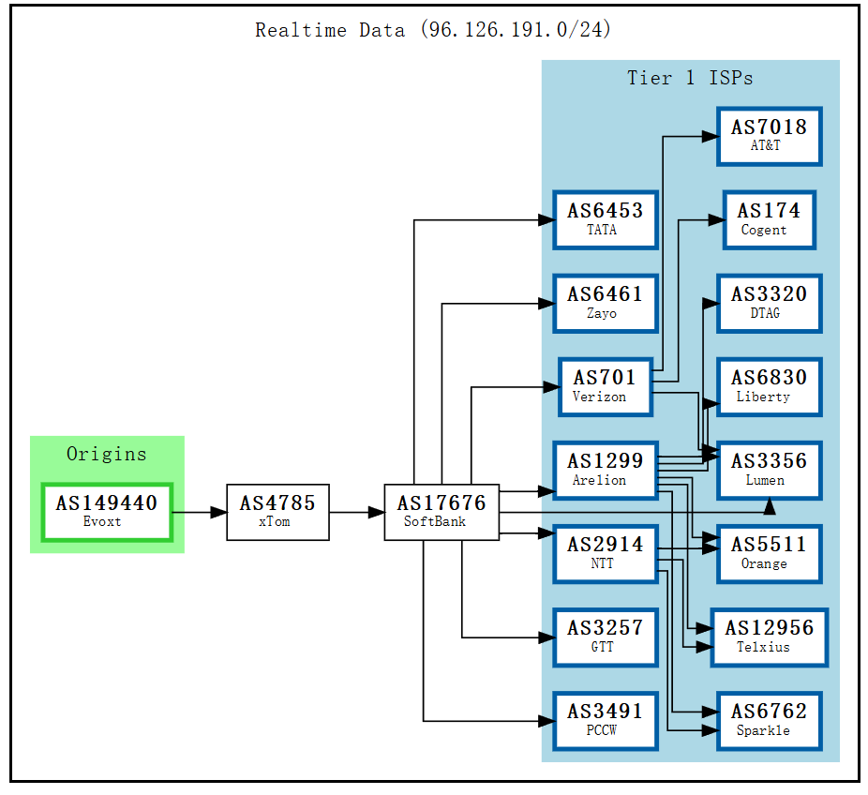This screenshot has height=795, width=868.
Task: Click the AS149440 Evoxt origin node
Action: point(106,512)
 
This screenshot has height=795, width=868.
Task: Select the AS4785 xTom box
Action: point(277,512)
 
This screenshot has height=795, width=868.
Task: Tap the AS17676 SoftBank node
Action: point(441,512)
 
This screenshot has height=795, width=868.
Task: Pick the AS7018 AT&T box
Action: point(769,136)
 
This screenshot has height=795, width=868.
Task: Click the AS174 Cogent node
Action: point(769,219)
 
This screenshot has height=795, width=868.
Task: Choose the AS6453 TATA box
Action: point(605,219)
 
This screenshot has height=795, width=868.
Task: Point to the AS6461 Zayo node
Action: point(605,303)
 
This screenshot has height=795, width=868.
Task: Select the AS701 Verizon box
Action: point(605,386)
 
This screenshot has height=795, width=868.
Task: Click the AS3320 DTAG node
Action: point(769,303)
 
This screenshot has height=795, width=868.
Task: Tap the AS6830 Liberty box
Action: point(769,386)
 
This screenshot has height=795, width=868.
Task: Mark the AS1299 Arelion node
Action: point(605,470)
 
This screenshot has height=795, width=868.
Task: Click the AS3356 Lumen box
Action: point(769,470)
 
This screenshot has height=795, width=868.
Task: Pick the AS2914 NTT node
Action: point(605,553)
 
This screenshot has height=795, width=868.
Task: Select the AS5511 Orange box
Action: point(769,553)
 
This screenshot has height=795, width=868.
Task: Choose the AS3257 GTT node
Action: point(605,637)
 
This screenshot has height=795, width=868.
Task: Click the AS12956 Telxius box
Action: point(769,637)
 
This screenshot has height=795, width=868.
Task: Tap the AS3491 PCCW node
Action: point(605,720)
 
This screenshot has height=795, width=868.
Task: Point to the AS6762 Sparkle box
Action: point(769,720)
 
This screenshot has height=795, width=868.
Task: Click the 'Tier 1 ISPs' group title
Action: point(690,78)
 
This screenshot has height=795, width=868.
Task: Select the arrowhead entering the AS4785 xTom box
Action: point(218,512)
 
